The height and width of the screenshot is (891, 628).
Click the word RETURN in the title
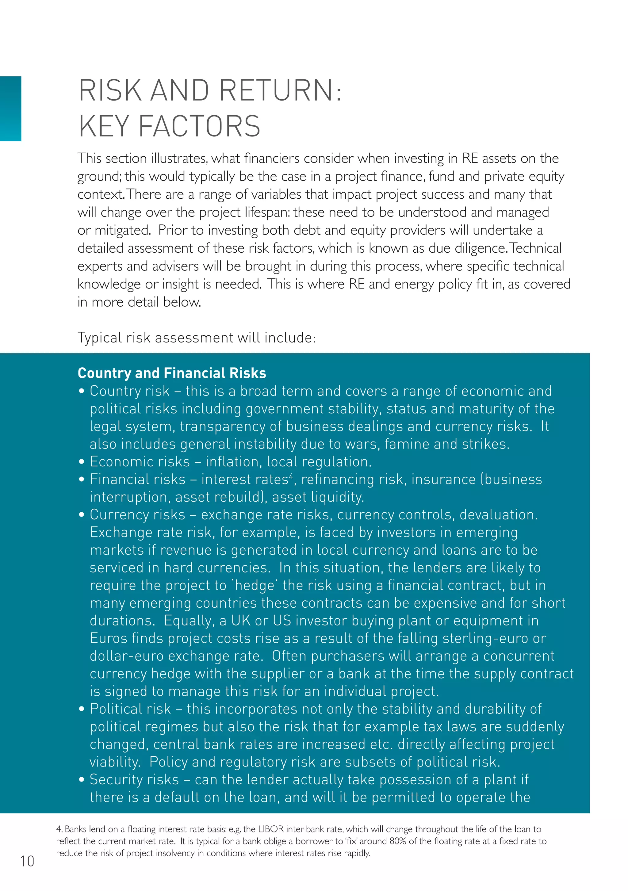click(x=276, y=90)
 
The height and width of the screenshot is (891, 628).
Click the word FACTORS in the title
click(x=199, y=126)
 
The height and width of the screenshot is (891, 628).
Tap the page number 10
click(x=27, y=861)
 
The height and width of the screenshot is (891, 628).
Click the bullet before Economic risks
click(x=82, y=462)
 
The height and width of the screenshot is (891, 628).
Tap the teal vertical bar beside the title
click(x=10, y=108)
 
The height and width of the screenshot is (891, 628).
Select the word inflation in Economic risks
click(x=231, y=462)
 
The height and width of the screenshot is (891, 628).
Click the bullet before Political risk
click(x=82, y=709)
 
